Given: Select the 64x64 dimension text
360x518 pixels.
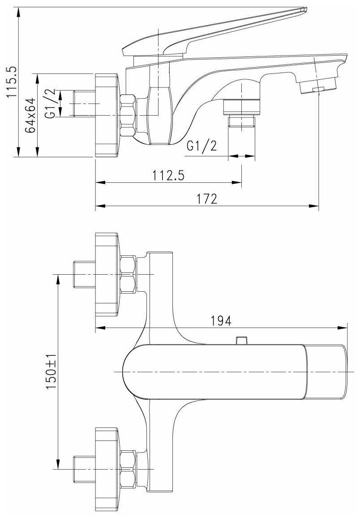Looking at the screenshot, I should tap(30, 115).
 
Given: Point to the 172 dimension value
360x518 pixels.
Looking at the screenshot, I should tap(207, 199).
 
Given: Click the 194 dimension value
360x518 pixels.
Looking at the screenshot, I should tap(221, 321).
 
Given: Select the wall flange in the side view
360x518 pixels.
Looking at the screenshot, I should tap(107, 115).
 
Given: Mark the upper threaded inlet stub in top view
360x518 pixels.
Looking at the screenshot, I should tap(84, 274).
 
